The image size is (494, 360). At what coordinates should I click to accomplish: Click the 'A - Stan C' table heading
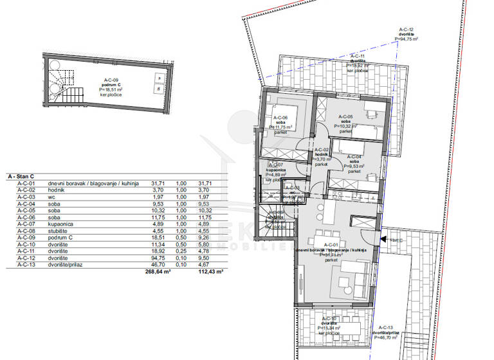[21, 175]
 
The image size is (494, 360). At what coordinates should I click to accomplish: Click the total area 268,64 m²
[160, 272]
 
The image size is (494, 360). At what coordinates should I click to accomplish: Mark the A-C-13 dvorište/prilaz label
[386, 332]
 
